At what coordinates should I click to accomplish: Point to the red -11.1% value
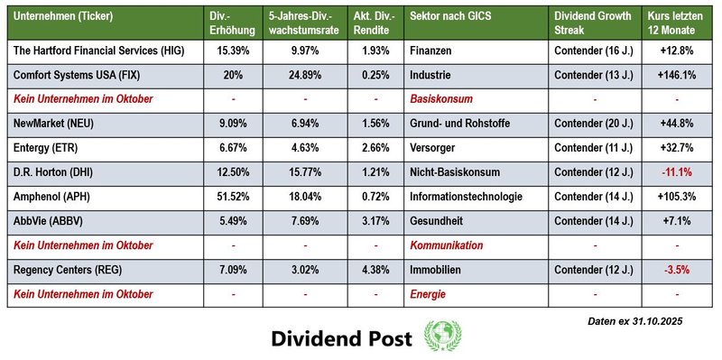677,171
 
